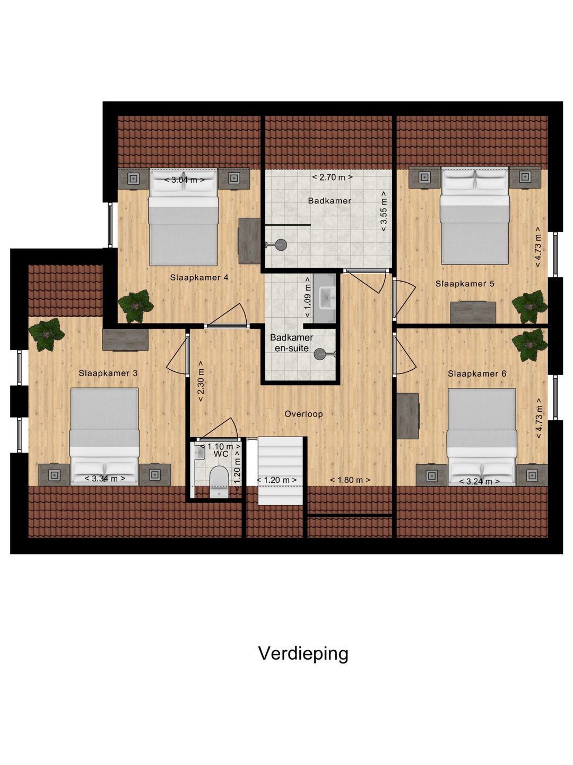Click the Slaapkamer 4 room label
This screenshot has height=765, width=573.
tap(199, 277)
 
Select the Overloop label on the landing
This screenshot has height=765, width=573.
tap(303, 414)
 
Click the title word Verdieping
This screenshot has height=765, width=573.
tap(303, 653)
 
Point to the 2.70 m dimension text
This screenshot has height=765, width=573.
tap(332, 177)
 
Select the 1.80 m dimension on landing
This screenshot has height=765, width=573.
tap(350, 480)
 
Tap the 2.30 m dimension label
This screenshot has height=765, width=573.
tap(201, 381)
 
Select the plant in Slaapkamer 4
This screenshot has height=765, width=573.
tap(135, 305)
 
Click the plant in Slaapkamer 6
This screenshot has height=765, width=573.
tap(529, 344)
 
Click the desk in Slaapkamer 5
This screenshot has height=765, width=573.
tap(473, 312)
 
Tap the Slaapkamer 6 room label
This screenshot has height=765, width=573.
tap(476, 374)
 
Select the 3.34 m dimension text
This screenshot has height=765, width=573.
tap(105, 479)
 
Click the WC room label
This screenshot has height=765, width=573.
tap(221, 454)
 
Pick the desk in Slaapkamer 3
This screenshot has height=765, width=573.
tap(125, 340)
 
